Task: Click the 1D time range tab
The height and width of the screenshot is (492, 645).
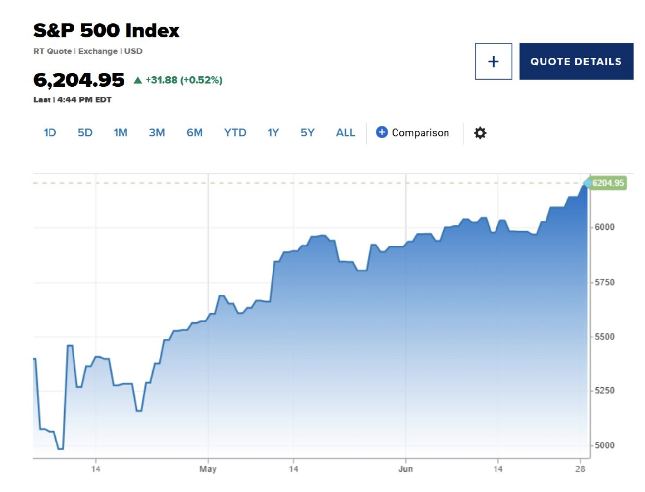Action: (x=50, y=133)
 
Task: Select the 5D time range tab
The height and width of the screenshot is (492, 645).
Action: (x=85, y=133)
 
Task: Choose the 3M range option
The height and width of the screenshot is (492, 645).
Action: (x=157, y=133)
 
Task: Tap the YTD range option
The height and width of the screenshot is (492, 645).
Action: (x=235, y=133)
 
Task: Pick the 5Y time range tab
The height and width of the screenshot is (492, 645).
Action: (x=307, y=133)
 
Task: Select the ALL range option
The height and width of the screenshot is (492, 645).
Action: (x=346, y=133)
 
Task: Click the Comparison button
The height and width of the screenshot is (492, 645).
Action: (x=413, y=133)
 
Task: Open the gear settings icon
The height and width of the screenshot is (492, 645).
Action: (x=480, y=133)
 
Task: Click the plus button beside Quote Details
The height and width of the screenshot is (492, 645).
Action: (x=494, y=61)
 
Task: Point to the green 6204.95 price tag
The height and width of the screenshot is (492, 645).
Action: (x=608, y=183)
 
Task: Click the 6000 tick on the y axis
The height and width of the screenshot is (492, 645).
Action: (x=604, y=227)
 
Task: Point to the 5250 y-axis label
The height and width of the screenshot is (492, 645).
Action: (x=604, y=391)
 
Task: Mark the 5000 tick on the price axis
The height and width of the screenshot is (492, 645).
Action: (x=604, y=445)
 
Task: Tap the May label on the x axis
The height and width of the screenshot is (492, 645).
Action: (x=208, y=469)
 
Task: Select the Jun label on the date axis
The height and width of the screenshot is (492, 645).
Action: (x=405, y=469)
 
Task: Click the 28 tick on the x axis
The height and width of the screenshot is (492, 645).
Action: (x=580, y=469)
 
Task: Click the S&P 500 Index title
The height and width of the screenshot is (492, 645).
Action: (x=106, y=30)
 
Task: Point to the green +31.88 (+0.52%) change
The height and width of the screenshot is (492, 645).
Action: (x=183, y=80)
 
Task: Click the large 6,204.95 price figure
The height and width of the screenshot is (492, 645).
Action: (x=79, y=80)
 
